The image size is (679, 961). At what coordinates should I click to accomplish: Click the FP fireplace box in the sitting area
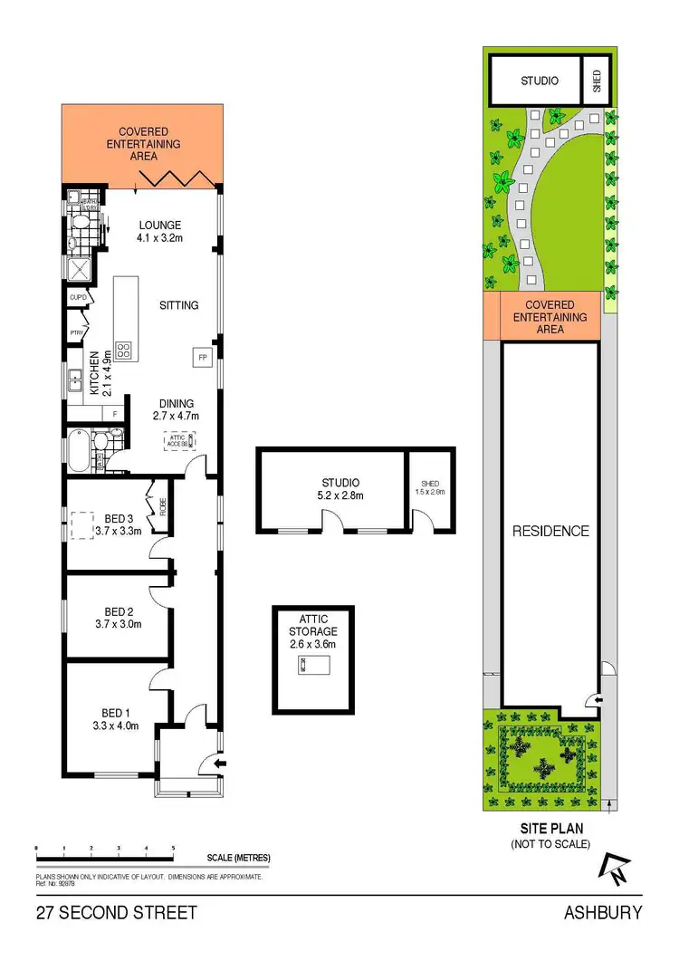pyautogui.click(x=201, y=357)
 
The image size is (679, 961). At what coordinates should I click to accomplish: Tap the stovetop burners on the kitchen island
pyautogui.click(x=123, y=350)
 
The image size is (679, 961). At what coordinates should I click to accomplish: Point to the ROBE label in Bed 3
pyautogui.click(x=163, y=506)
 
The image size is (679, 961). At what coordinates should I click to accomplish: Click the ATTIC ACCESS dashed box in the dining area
pyautogui.click(x=179, y=440)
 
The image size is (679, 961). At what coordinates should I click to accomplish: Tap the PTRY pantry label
pyautogui.click(x=77, y=333)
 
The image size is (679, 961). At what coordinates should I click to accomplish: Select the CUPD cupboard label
pyautogui.click(x=77, y=296)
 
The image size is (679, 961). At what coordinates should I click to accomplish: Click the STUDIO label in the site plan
pyautogui.click(x=540, y=81)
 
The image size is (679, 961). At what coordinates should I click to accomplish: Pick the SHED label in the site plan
pyautogui.click(x=597, y=81)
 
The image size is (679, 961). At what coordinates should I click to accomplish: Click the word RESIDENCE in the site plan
pyautogui.click(x=550, y=531)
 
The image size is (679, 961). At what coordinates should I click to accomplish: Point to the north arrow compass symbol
pyautogui.click(x=614, y=871)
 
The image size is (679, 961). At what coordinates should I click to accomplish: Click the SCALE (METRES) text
pyautogui.click(x=238, y=858)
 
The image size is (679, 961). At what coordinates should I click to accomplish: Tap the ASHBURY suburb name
pyautogui.click(x=603, y=912)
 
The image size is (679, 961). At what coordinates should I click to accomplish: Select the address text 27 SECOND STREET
pyautogui.click(x=116, y=912)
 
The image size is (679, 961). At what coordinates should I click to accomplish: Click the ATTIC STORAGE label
pyautogui.click(x=312, y=625)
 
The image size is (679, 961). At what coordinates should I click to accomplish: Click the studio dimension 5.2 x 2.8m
pyautogui.click(x=339, y=495)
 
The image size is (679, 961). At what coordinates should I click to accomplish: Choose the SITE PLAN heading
pyautogui.click(x=550, y=828)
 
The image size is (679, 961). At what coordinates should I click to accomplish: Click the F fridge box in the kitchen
pyautogui.click(x=114, y=415)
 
